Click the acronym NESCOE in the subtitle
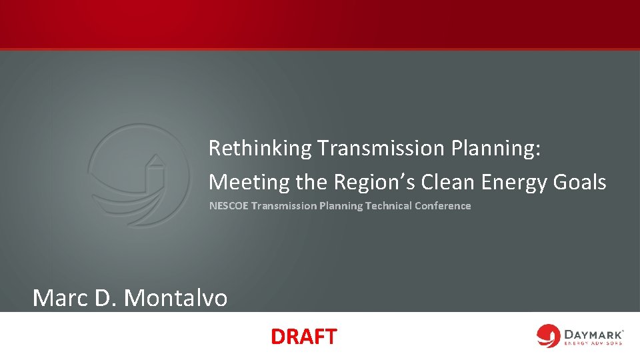[x=229, y=206]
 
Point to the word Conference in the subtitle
[x=443, y=206]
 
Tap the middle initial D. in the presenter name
[x=106, y=297]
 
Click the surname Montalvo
[x=175, y=297]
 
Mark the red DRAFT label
[x=303, y=337]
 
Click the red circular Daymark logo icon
[x=549, y=336]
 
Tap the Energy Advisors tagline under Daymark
[x=593, y=343]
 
